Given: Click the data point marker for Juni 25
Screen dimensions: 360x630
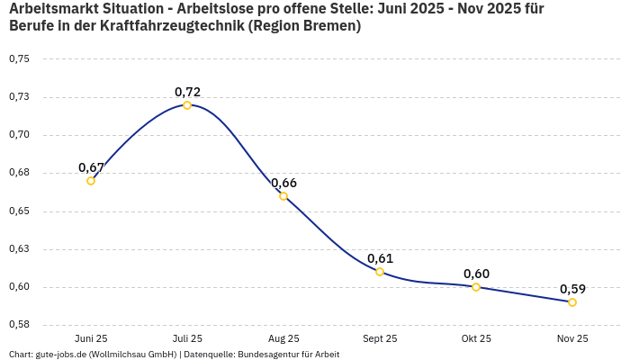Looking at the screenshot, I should pyautogui.click(x=91, y=181).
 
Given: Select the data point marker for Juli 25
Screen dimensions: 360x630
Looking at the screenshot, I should pyautogui.click(x=187, y=105).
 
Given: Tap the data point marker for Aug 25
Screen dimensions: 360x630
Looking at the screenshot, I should pyautogui.click(x=283, y=196).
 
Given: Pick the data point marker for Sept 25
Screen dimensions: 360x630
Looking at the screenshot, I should pyautogui.click(x=380, y=272).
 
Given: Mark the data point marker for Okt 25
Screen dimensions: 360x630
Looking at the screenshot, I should pyautogui.click(x=476, y=287).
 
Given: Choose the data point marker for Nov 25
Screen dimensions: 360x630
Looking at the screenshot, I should pyautogui.click(x=572, y=302).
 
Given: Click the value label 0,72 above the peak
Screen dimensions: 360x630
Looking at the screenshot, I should pyautogui.click(x=187, y=92).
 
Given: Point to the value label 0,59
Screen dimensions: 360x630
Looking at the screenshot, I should pyautogui.click(x=572, y=289).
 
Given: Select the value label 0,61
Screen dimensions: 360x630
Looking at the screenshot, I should pyautogui.click(x=380, y=258).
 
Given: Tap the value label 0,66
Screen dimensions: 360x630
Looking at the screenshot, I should pyautogui.click(x=283, y=183).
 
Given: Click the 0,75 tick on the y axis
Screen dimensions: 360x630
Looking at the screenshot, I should pyautogui.click(x=19, y=59).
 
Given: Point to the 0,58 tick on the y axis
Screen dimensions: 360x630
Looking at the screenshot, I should pyautogui.click(x=19, y=325).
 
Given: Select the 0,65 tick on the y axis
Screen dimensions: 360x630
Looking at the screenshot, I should pyautogui.click(x=19, y=211).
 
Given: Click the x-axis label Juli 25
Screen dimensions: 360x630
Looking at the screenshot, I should pyautogui.click(x=187, y=338).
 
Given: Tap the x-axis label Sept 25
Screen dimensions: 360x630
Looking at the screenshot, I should pyautogui.click(x=380, y=338).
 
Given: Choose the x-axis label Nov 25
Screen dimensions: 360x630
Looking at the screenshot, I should pyautogui.click(x=572, y=338).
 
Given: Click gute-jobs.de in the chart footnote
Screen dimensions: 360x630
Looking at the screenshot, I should pyautogui.click(x=60, y=355).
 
